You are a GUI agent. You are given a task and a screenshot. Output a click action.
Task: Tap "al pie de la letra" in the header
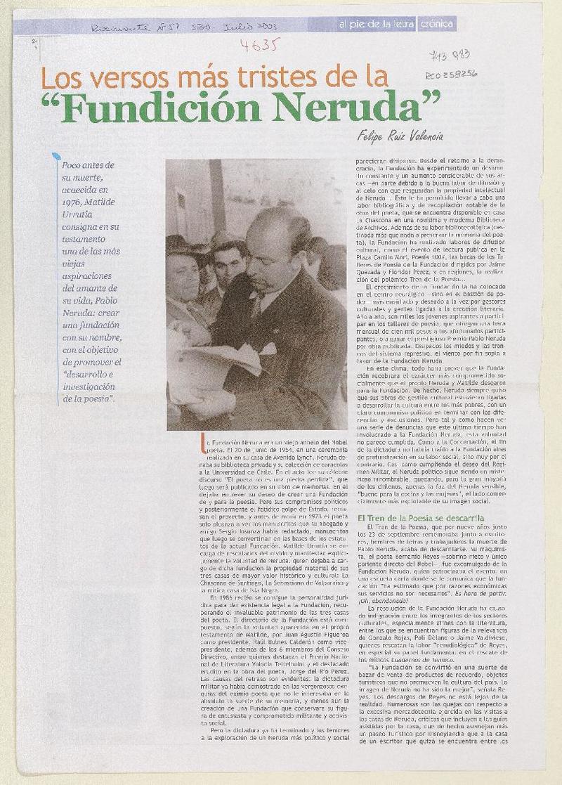point(379,24)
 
